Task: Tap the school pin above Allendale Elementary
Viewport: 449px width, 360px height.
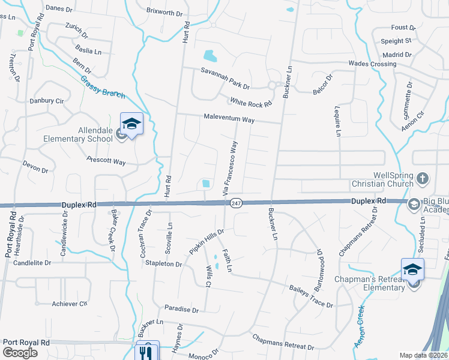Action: [131, 125]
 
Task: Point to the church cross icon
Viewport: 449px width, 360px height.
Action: [423, 178]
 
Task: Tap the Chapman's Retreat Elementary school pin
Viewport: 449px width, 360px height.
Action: [412, 269]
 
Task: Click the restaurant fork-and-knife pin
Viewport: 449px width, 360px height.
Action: [148, 352]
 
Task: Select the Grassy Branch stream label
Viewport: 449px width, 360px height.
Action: [103, 87]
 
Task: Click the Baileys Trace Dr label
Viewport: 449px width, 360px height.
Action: [310, 296]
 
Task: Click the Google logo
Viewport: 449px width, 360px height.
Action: [20, 352]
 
